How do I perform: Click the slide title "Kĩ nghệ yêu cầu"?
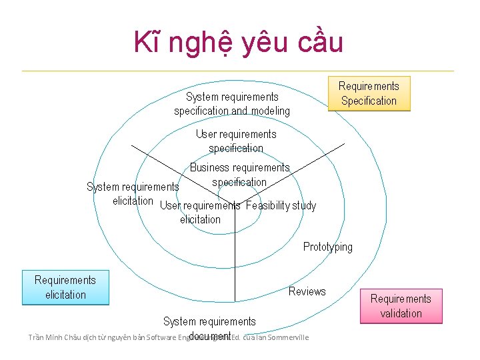[x=238, y=43]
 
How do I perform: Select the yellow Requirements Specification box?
[x=369, y=93]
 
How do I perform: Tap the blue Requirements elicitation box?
[x=65, y=287]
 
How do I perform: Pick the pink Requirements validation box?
[x=401, y=306]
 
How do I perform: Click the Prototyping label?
[x=328, y=247]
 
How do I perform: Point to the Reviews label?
[x=307, y=291]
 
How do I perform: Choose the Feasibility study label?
[x=281, y=205]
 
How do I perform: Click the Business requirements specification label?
[x=239, y=175]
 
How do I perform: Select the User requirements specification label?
[x=236, y=141]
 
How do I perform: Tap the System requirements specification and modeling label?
[x=232, y=103]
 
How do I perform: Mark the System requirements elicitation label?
[x=133, y=193]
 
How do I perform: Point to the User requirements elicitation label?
[x=200, y=212]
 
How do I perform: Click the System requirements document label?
[x=209, y=328]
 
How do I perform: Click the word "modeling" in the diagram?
[x=271, y=111]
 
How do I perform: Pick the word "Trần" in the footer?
[x=35, y=337]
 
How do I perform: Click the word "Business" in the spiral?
[x=209, y=167]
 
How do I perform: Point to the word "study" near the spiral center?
[x=303, y=205]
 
